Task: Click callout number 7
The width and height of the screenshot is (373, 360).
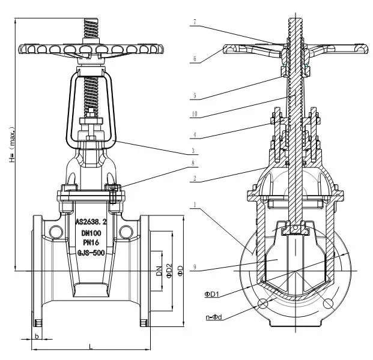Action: (x=194, y=22)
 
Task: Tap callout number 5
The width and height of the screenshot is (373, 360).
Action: (x=194, y=94)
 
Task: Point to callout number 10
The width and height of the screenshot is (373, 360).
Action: (x=195, y=114)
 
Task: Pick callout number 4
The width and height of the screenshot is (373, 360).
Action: (x=194, y=134)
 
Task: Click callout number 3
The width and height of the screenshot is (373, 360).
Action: (x=194, y=150)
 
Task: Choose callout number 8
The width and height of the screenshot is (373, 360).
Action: (x=194, y=163)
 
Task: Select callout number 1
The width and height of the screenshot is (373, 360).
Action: (x=194, y=205)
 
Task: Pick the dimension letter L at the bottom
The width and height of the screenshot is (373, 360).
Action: (x=89, y=347)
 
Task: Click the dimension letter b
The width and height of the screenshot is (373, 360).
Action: (x=37, y=336)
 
